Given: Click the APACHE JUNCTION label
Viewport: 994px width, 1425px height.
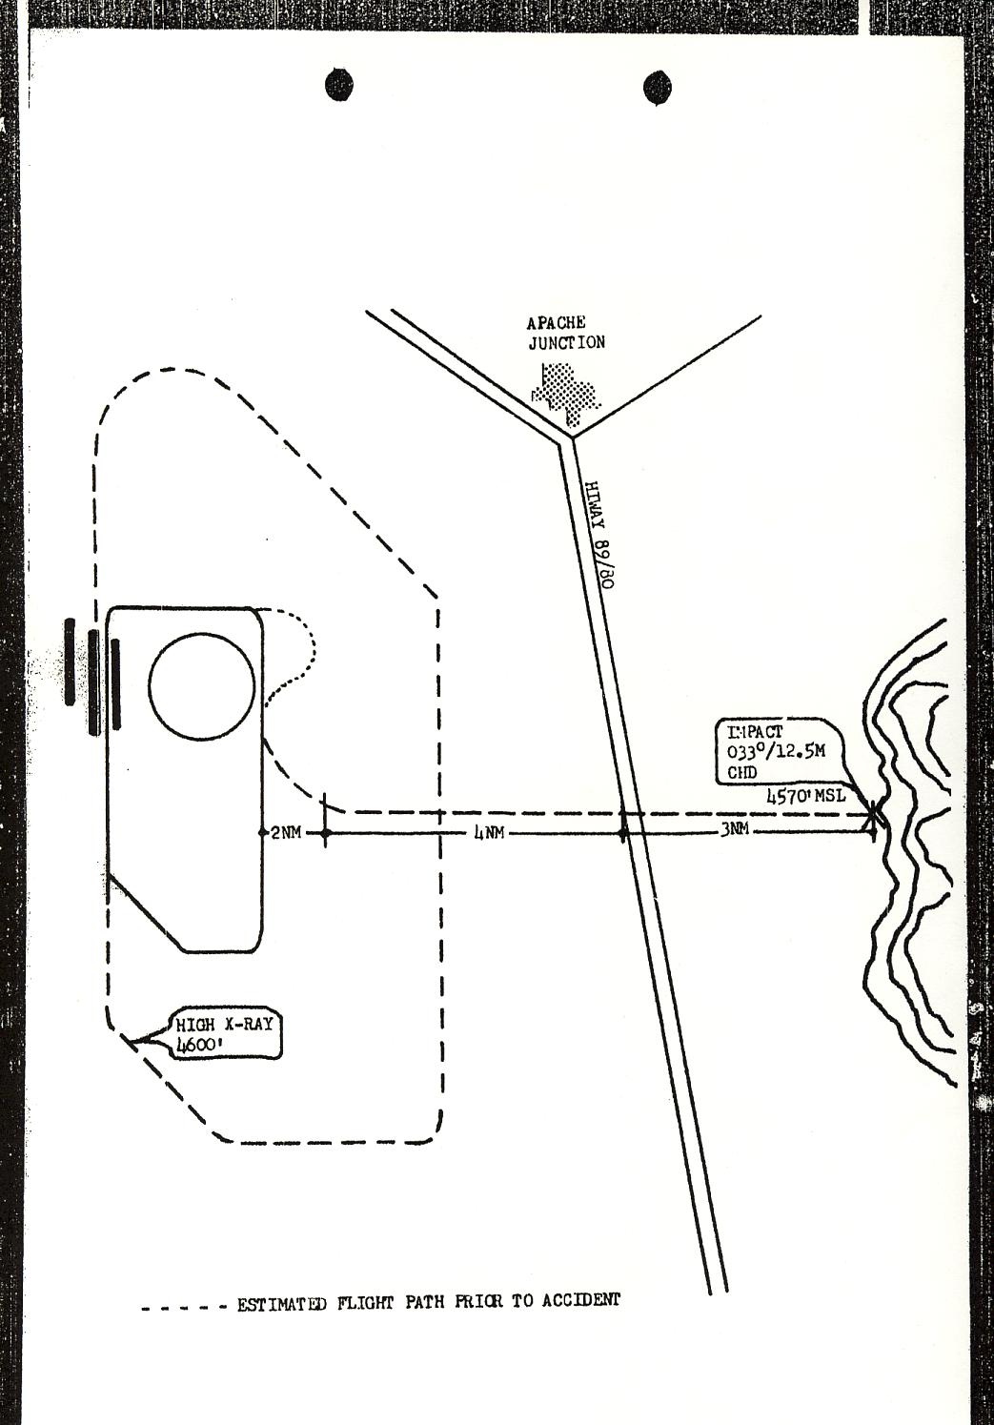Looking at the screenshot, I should coord(566,333).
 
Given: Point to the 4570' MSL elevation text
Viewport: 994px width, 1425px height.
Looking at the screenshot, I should coord(804,794).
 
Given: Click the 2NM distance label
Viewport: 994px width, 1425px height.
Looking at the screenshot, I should coord(285,833).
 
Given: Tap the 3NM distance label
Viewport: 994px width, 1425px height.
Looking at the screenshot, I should coord(734,831).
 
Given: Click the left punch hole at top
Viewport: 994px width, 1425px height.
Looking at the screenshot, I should coord(339,84).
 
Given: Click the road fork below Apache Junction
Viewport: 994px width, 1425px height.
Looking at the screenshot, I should coord(570,439).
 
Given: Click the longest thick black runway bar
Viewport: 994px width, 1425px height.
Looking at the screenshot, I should coord(93,682).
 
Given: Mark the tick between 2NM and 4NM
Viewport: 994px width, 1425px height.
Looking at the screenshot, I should coord(325,833).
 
